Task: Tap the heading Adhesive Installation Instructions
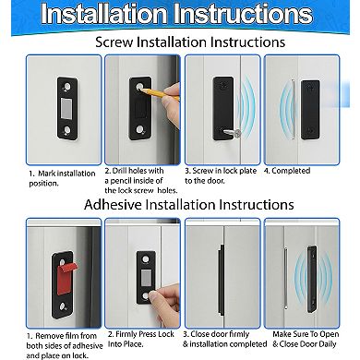(180, 204)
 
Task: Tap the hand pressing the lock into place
(153, 295)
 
